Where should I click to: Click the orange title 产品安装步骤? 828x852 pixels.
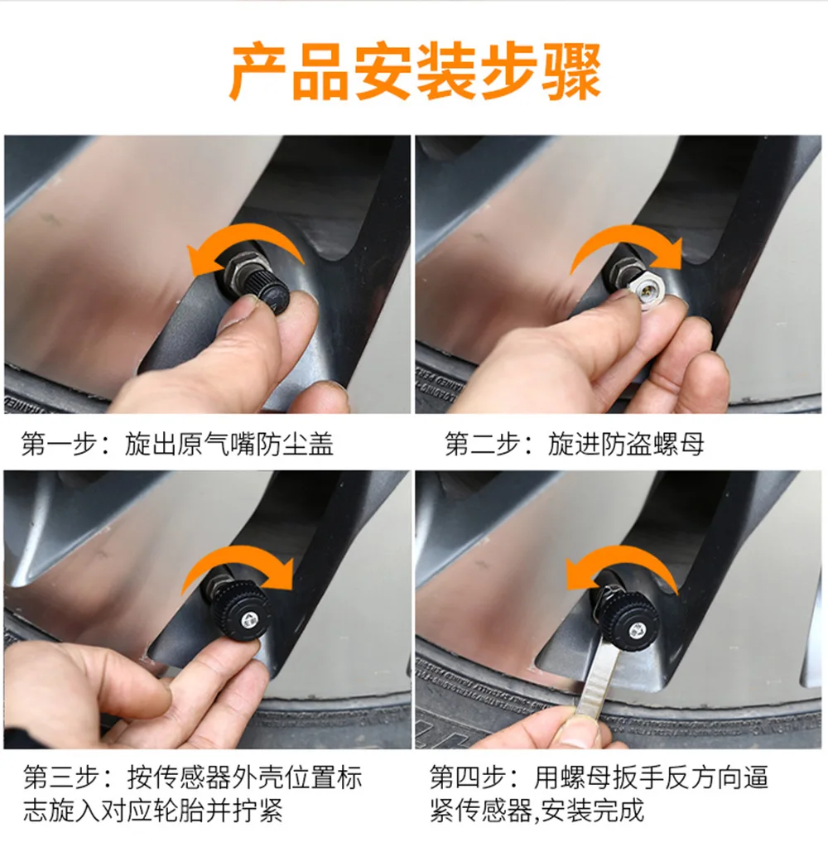[416, 72]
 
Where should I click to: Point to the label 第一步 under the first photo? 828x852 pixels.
[59, 444]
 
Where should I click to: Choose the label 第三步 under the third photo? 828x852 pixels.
[60, 777]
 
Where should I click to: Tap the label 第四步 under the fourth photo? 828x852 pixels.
[467, 777]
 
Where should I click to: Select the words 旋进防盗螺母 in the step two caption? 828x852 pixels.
[626, 444]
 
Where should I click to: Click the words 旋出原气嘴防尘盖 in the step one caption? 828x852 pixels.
[229, 444]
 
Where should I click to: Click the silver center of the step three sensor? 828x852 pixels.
[249, 619]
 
